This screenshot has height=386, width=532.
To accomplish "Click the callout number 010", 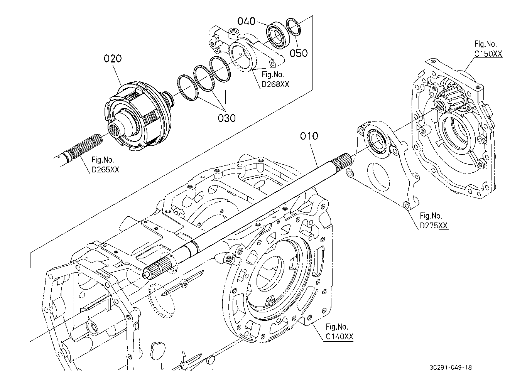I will click(309, 136).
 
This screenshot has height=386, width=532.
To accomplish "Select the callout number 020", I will click(113, 59).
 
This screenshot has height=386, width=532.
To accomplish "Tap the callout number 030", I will click(226, 118).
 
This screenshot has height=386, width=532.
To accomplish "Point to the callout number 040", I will click(246, 21).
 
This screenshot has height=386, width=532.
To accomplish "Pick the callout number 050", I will click(299, 52).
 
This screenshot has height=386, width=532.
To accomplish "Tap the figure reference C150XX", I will click(488, 54).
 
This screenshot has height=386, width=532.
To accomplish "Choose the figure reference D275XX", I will click(434, 226).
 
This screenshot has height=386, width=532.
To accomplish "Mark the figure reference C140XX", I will click(339, 336).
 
